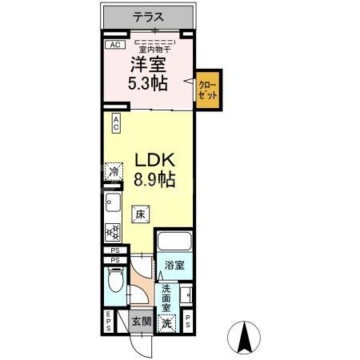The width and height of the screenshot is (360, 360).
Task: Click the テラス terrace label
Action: [148, 17]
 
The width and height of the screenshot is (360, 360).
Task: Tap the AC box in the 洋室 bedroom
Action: [115, 45]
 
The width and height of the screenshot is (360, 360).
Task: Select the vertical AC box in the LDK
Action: [116, 123]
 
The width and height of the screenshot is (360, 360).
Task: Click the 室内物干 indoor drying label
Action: [155, 50]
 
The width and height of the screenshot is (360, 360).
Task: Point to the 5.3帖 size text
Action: [148, 83]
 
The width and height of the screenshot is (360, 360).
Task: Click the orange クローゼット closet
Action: [208, 90]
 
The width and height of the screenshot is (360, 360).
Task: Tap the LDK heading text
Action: [155, 160]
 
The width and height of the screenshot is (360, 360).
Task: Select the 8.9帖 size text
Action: [154, 179]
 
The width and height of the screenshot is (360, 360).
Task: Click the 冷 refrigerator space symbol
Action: [114, 171]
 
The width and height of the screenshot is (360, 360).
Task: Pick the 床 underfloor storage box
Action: [141, 214]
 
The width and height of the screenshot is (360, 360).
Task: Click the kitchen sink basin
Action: [113, 202]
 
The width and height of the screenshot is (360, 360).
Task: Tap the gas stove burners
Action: [113, 233]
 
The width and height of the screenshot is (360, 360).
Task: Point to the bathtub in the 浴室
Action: [174, 242]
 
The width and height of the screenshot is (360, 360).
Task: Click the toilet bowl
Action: [115, 280]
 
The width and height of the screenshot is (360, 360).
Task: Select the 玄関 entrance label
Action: [142, 322]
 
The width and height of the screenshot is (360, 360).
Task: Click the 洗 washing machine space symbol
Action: [166, 323]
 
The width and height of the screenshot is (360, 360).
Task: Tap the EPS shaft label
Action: [109, 321]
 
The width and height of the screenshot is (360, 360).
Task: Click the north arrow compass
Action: [244, 337]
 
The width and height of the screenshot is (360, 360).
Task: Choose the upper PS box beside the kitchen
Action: [115, 250]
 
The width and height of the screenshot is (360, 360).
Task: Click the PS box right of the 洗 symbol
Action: [188, 321]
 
